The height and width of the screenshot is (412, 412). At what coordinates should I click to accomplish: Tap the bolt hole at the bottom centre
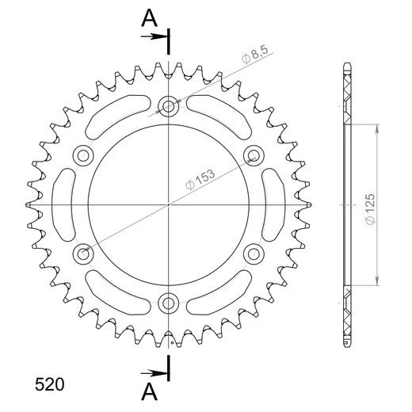tap(169, 302)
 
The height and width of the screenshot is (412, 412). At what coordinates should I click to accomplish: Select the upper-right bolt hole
tap(254, 154)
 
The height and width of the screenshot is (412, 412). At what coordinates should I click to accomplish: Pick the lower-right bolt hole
tap(254, 253)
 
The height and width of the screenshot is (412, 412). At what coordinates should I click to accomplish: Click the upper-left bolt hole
tap(83, 154)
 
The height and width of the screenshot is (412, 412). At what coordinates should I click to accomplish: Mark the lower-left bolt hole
tap(83, 253)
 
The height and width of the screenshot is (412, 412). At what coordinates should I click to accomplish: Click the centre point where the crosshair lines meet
tap(169, 204)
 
